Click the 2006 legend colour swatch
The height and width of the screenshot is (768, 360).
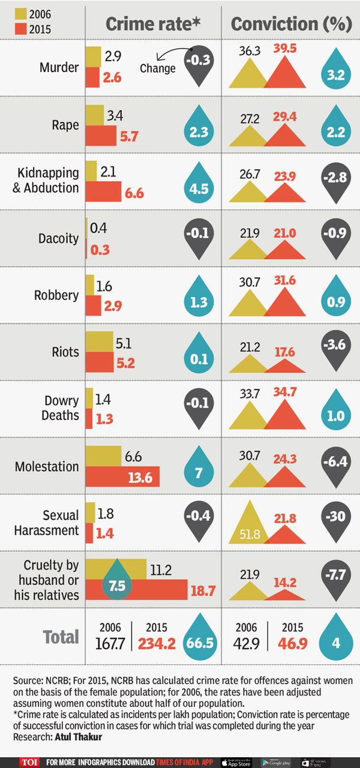tap(19, 14)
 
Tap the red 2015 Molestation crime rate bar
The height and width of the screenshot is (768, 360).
tap(122, 477)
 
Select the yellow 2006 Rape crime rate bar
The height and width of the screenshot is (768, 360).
tap(95, 115)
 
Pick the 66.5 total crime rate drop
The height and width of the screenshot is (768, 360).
tap(200, 642)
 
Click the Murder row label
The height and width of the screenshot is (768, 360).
tap(59, 67)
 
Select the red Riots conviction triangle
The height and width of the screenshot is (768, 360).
tap(285, 365)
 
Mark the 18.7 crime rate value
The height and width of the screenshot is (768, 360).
tap(202, 592)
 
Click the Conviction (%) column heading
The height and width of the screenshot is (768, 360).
tap(291, 23)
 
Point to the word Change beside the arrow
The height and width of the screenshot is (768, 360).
tap(157, 68)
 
